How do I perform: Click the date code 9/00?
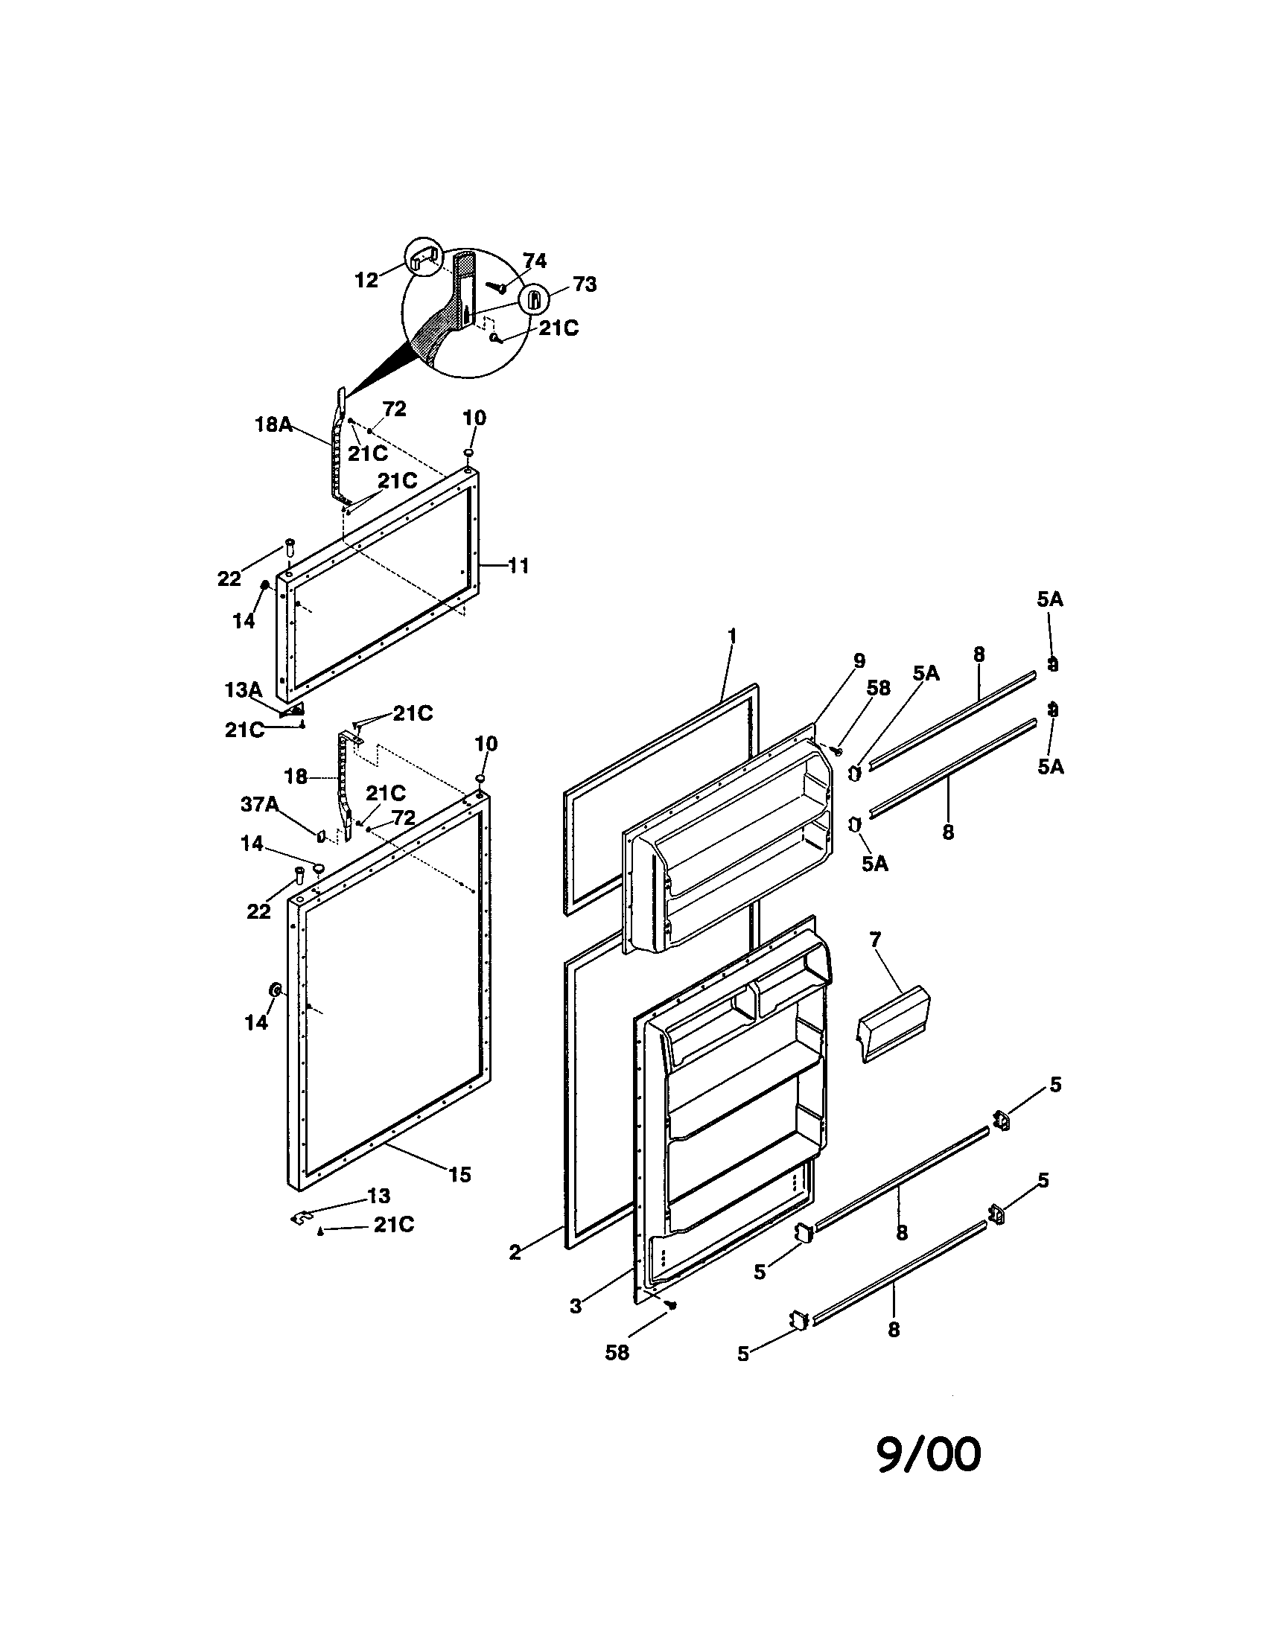929,1455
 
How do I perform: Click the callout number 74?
535,261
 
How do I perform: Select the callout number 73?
585,284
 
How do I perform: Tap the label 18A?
273,424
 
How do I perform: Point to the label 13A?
243,690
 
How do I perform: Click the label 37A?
259,805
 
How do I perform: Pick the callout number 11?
518,566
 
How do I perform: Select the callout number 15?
459,1174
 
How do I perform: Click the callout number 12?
366,281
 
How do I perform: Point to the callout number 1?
731,636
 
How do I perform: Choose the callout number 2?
515,1252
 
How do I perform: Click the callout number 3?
575,1306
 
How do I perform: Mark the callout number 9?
859,660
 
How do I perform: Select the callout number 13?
379,1196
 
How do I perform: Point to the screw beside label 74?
497,287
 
